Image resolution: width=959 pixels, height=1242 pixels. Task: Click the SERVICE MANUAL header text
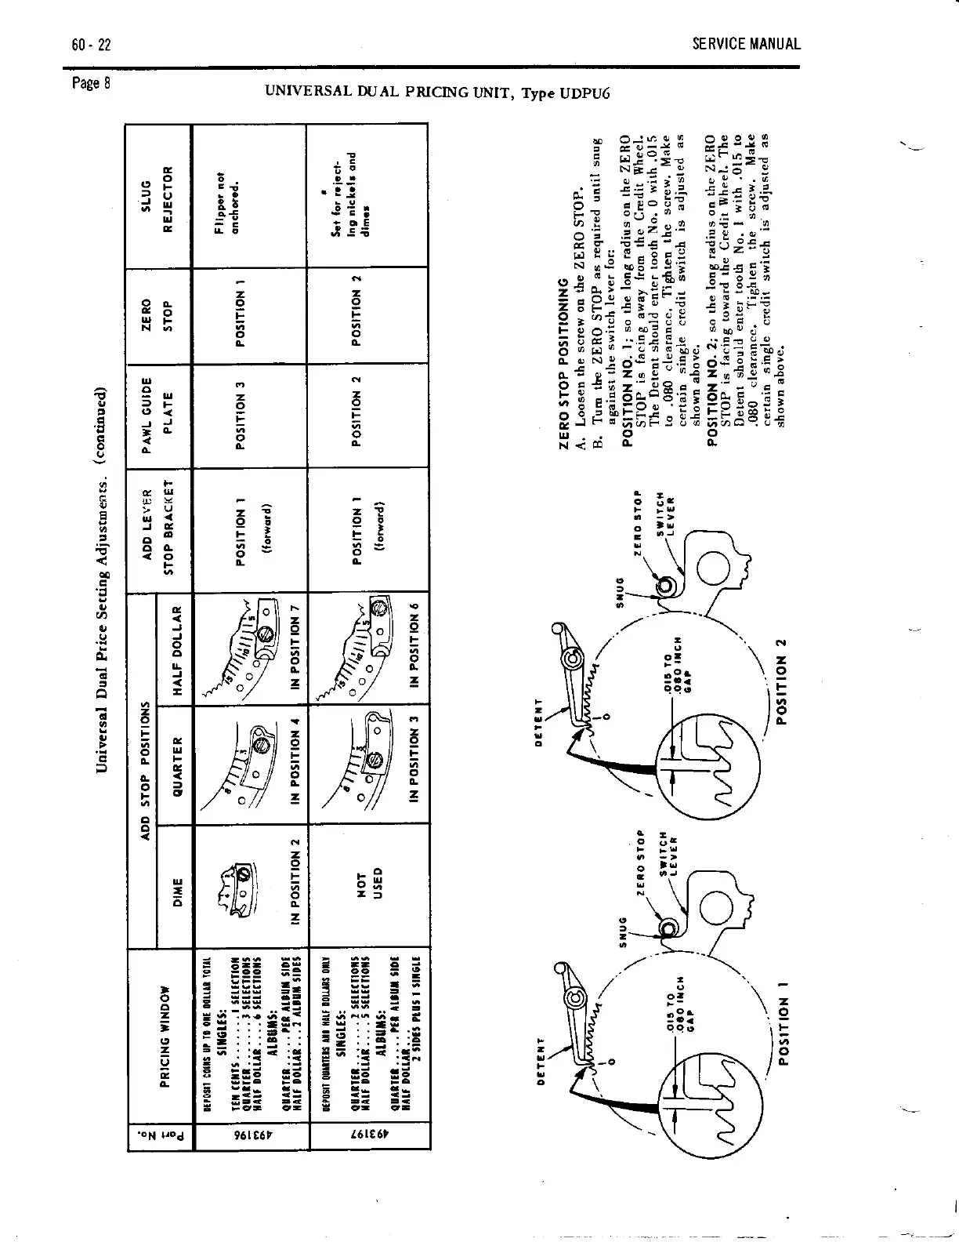point(746,44)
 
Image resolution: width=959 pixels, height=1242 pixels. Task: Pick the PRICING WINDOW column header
point(165,1038)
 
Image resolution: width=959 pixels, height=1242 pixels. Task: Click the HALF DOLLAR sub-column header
point(178,650)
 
